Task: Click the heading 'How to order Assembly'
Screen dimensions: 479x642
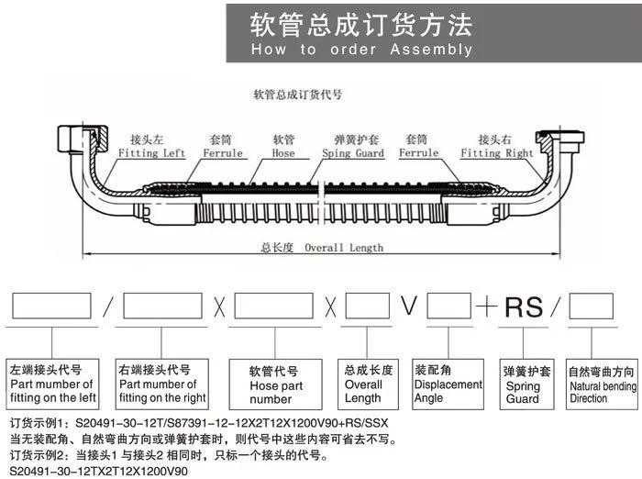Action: (x=361, y=50)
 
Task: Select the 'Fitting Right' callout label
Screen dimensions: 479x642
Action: (x=496, y=153)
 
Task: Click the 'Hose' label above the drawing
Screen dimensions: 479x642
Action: (x=283, y=153)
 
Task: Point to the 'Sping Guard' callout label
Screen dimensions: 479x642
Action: (x=353, y=153)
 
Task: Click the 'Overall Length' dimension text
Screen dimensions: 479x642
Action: (x=343, y=247)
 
